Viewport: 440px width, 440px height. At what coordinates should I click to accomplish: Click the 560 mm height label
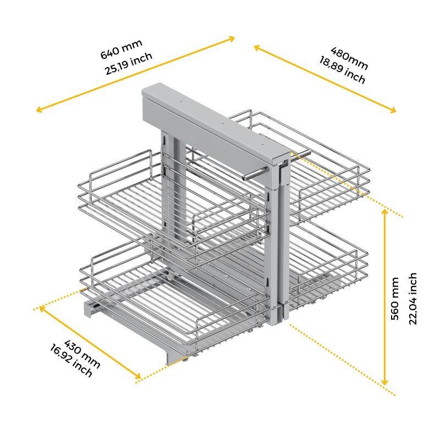click(x=394, y=299)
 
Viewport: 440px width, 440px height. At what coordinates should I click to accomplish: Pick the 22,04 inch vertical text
click(x=413, y=299)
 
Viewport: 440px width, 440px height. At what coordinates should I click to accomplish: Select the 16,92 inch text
click(x=71, y=361)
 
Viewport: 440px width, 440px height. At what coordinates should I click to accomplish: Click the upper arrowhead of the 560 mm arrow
click(x=386, y=211)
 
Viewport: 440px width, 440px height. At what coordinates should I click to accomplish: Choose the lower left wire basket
click(x=137, y=297)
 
